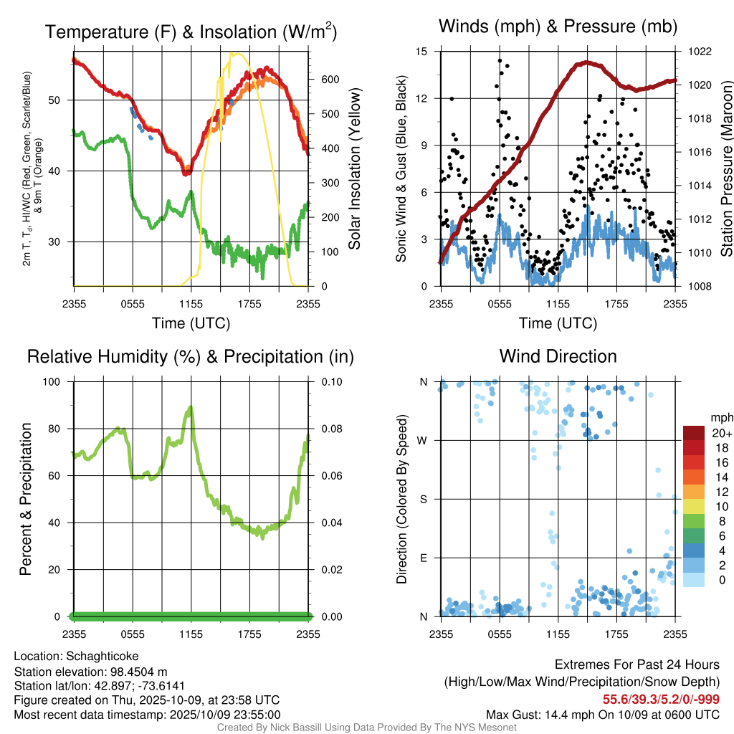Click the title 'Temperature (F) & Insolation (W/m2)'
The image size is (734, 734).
191,32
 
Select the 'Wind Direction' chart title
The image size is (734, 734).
558,356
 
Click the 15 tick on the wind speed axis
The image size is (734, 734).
421,52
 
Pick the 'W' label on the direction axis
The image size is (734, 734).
423,440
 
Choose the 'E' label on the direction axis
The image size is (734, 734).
423,558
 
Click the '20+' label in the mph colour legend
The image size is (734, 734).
721,433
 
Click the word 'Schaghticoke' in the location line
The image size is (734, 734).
103,656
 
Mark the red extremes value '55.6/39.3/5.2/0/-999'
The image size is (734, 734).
661,699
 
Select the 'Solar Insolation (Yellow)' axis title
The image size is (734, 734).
355,168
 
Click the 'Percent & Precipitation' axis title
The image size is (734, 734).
25,498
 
